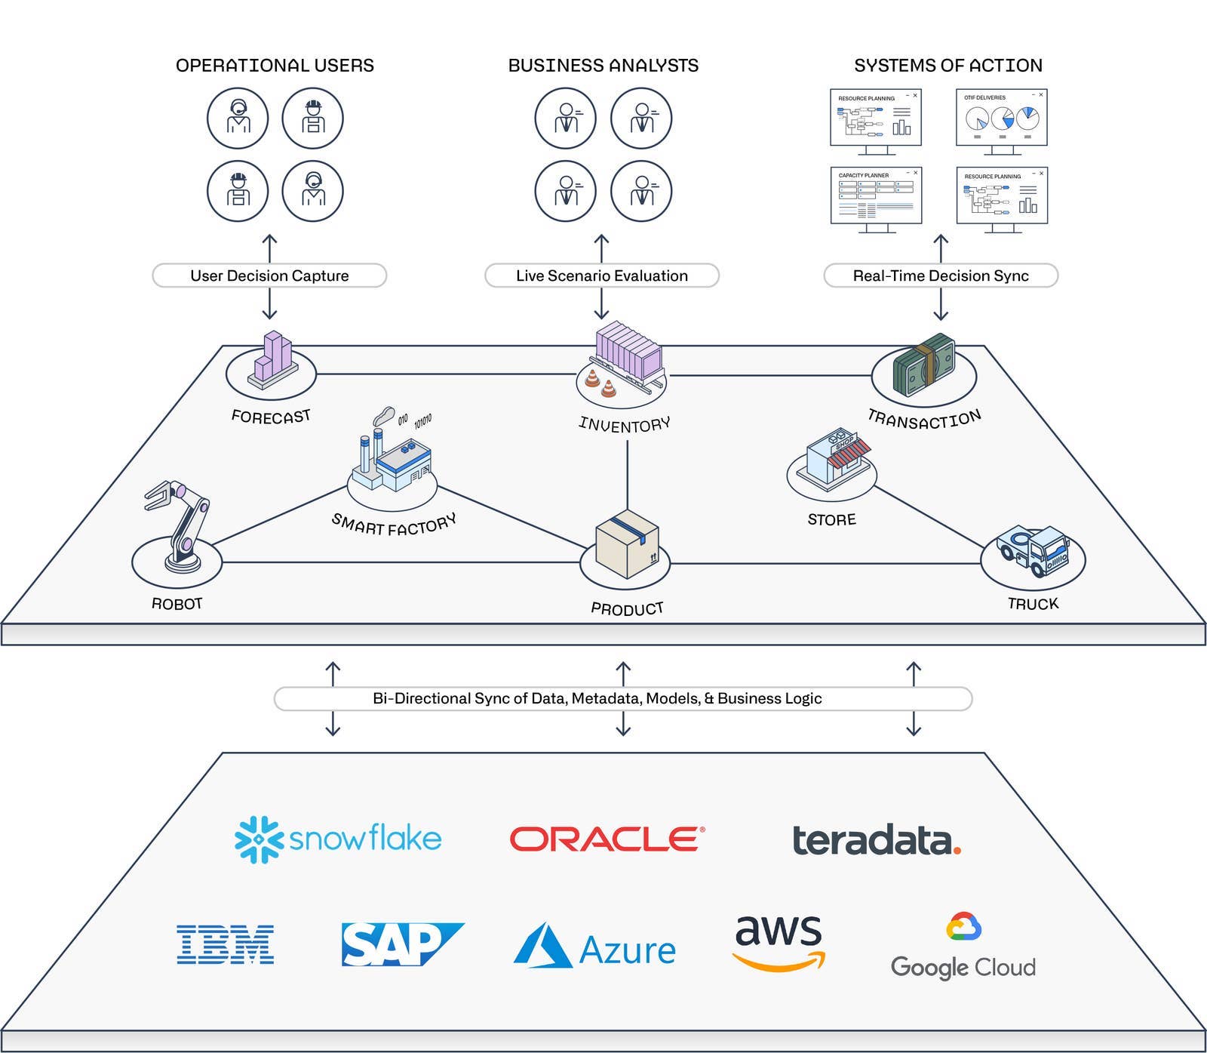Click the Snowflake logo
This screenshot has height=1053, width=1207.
[x=338, y=839]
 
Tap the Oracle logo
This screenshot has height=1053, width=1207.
[x=607, y=839]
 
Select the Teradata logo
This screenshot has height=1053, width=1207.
[x=876, y=841]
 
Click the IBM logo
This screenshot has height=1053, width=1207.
[x=225, y=944]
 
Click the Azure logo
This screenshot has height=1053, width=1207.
[x=595, y=948]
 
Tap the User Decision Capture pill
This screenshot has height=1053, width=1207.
[x=269, y=276]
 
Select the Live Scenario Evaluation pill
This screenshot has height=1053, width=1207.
[x=601, y=276]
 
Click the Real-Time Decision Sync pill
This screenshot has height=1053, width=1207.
[x=940, y=276]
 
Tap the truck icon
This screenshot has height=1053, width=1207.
[x=1033, y=550]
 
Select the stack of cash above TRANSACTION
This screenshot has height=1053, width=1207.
[x=923, y=366]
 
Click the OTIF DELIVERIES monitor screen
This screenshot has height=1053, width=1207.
[x=1001, y=119]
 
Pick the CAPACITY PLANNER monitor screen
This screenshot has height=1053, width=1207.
[x=875, y=196]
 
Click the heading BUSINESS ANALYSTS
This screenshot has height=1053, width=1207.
[x=603, y=66]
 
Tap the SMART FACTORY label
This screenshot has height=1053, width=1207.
[x=394, y=524]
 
